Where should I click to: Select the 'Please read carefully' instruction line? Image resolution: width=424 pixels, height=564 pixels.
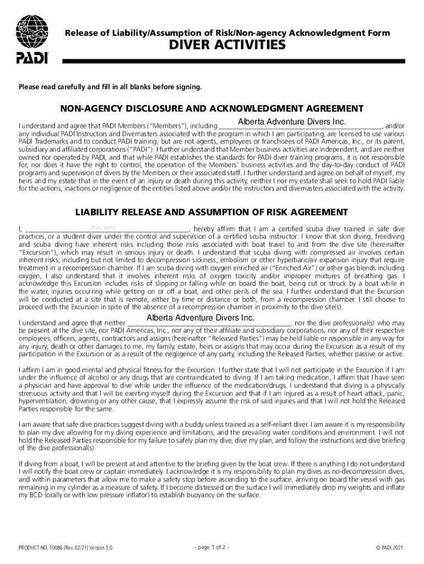tap(110, 87)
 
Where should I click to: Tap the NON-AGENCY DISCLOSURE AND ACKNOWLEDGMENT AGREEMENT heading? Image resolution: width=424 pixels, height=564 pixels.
tap(212, 108)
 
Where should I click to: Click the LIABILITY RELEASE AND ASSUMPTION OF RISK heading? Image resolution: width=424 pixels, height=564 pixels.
tap(211, 212)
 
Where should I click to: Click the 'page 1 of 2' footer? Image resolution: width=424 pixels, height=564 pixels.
tap(212, 547)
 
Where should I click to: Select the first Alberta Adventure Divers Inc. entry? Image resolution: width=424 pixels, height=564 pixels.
tap(292, 122)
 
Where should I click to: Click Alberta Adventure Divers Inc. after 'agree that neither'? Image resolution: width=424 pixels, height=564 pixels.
tap(200, 318)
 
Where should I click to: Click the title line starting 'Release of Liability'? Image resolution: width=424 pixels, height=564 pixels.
tap(227, 33)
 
